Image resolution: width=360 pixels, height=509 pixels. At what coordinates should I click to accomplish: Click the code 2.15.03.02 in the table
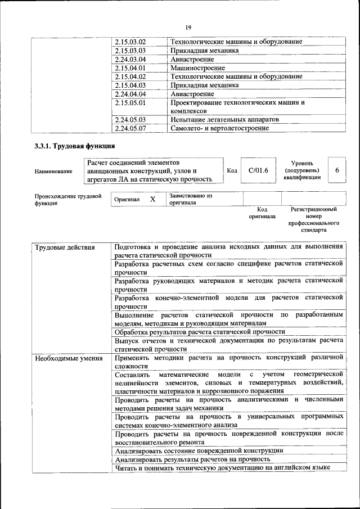click(x=130, y=42)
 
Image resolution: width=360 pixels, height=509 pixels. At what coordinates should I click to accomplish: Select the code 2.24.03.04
click(x=130, y=59)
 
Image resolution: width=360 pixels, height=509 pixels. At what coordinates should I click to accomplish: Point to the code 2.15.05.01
click(x=130, y=102)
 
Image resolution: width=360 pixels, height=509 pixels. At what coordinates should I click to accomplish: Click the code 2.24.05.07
click(x=130, y=128)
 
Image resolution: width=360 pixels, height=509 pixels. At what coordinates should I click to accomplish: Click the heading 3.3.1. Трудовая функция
click(x=71, y=147)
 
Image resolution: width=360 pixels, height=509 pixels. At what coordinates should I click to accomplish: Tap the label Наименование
click(x=53, y=171)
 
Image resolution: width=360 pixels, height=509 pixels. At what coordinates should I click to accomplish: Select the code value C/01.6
click(x=258, y=170)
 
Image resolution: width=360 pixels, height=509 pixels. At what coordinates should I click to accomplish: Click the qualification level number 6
click(x=337, y=170)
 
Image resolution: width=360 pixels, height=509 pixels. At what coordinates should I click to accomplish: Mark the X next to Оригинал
click(x=152, y=199)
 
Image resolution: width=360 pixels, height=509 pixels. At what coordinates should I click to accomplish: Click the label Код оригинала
click(x=262, y=212)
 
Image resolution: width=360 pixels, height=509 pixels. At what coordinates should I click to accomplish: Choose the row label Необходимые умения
click(x=69, y=358)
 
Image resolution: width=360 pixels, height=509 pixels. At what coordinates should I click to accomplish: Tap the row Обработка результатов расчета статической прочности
click(x=200, y=332)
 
